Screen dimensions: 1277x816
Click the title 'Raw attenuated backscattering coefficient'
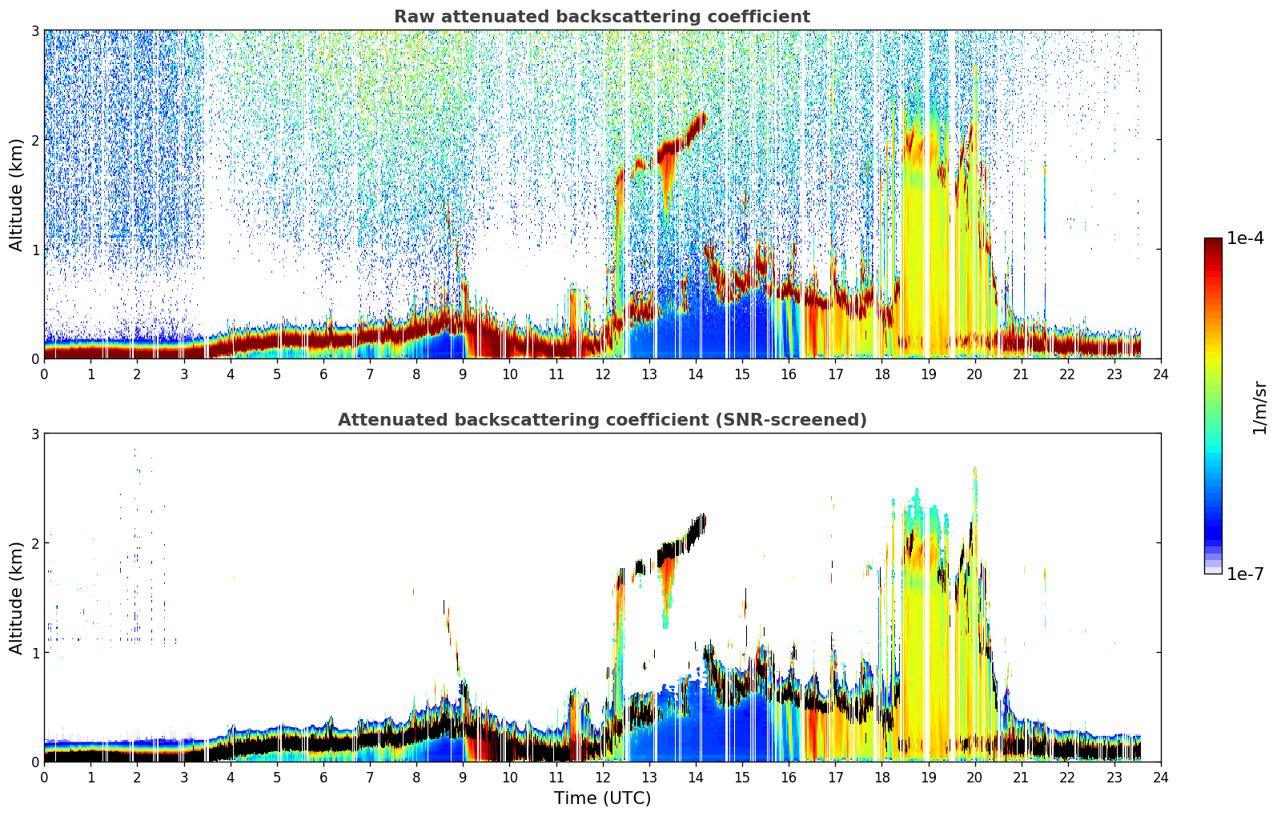(x=602, y=17)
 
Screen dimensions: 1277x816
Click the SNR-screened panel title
(x=602, y=419)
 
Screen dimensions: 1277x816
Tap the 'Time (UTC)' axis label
(x=602, y=798)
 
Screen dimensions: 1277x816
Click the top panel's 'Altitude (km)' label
(x=16, y=195)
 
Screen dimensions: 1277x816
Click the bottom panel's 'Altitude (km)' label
(x=16, y=598)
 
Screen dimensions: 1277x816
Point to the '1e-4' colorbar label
(x=1245, y=238)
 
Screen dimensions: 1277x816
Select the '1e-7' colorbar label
(x=1245, y=574)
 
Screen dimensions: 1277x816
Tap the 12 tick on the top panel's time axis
(x=603, y=374)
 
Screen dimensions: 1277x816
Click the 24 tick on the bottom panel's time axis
(x=1161, y=778)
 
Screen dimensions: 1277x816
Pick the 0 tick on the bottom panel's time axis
(x=45, y=778)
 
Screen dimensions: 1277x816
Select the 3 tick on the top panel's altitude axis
(x=34, y=30)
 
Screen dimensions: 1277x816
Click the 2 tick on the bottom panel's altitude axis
(x=34, y=543)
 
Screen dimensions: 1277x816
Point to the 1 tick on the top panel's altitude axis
(x=34, y=250)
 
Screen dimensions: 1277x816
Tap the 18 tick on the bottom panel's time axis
(x=882, y=778)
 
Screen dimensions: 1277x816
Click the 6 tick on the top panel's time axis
(x=323, y=374)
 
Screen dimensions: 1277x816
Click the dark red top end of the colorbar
(x=1213, y=242)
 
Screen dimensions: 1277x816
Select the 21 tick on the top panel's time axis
(x=1021, y=374)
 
